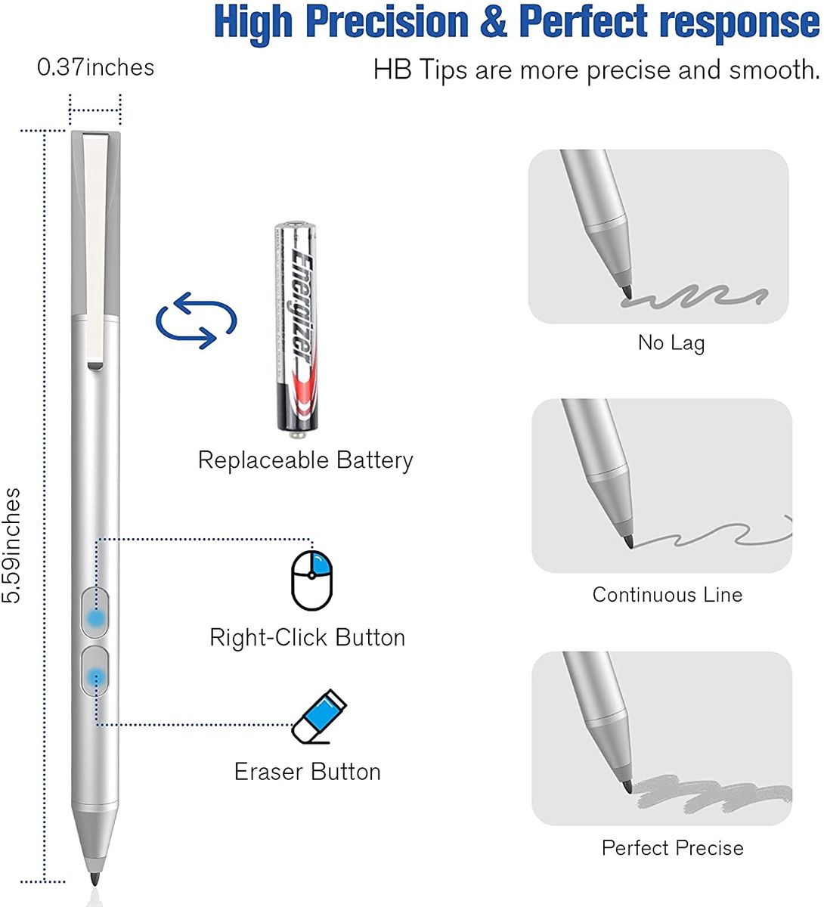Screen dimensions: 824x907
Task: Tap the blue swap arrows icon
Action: (197, 320)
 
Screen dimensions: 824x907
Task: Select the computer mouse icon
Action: (311, 580)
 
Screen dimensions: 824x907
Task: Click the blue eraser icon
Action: (319, 717)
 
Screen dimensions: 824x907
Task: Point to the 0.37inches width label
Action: (95, 68)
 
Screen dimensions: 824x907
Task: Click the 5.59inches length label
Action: (11, 545)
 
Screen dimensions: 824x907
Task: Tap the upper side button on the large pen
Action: (95, 613)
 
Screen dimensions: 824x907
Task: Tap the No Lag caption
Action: (671, 343)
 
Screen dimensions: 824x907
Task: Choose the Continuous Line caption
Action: (668, 595)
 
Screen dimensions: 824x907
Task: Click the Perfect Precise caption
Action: (673, 848)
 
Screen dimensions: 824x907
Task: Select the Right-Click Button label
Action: (308, 638)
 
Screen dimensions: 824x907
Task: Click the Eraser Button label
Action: (308, 772)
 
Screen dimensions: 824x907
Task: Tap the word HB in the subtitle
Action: (392, 70)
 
